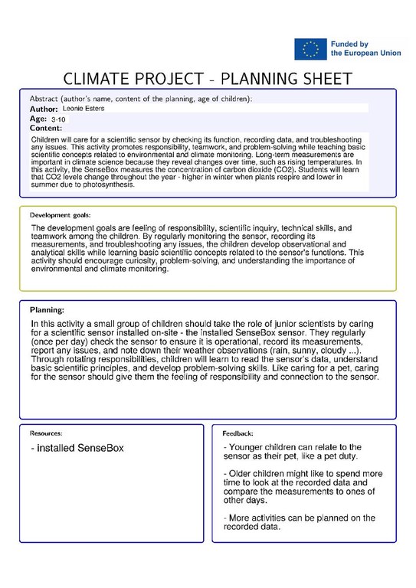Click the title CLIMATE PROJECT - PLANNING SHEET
point(207,80)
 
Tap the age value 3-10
point(58,119)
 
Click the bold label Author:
point(44,109)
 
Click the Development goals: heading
point(61,215)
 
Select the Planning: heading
point(47,309)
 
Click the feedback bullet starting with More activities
point(298,522)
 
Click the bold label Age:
point(38,119)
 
